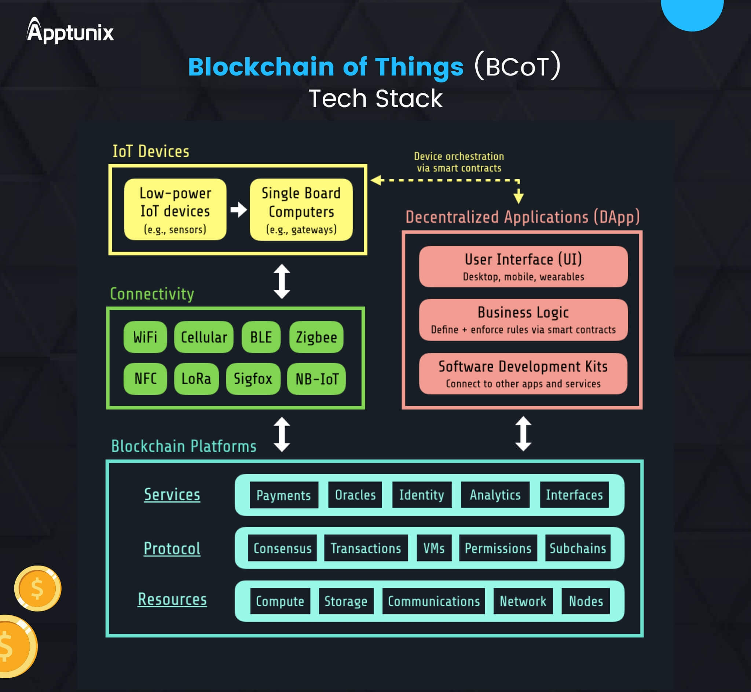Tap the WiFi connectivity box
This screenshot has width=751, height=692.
pos(145,337)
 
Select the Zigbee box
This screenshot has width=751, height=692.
pos(316,337)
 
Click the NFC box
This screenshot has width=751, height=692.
pos(145,379)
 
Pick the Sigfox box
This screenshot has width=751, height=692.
pos(253,379)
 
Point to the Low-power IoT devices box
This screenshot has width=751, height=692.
pos(175,209)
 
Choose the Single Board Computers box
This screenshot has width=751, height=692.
pos(301,209)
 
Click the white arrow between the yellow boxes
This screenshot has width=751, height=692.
pos(239,210)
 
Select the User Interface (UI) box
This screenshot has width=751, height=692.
pos(523,266)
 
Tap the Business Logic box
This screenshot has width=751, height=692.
pos(523,320)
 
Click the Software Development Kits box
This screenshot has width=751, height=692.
pos(523,373)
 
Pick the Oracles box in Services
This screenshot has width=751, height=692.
pos(355,495)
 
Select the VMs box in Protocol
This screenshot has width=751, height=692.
pos(434,548)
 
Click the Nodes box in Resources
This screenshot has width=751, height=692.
pos(586,601)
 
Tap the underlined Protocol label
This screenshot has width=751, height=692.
pos(172,549)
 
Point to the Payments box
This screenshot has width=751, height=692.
pos(283,495)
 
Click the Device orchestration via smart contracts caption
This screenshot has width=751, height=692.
pos(459,162)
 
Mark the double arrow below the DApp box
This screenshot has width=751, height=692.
pos(523,434)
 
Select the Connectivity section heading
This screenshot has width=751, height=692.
pos(152,294)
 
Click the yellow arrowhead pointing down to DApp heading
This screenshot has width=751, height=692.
pos(519,196)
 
